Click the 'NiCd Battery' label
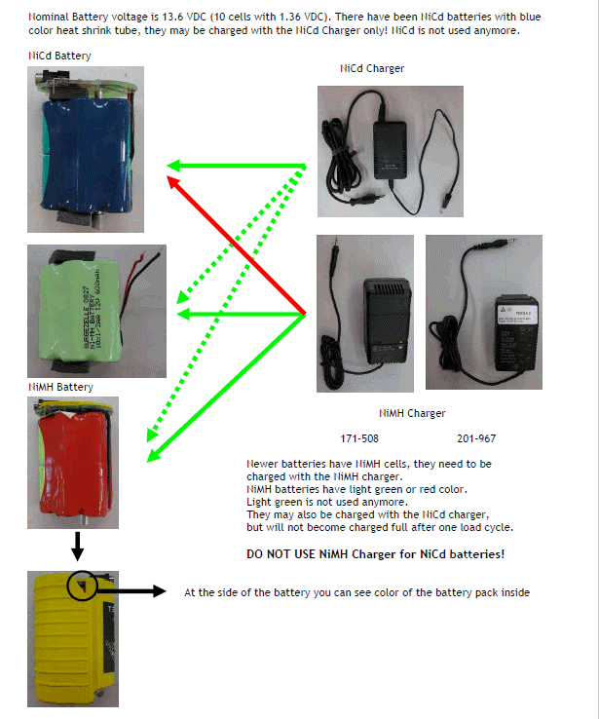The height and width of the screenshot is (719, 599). click(x=59, y=56)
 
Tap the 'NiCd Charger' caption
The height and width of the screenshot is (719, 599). click(x=372, y=68)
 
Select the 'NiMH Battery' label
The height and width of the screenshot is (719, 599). click(x=60, y=387)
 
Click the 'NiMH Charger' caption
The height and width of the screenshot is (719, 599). click(x=412, y=413)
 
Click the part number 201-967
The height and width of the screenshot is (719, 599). click(x=475, y=438)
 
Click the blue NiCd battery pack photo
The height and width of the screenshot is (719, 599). click(x=85, y=149)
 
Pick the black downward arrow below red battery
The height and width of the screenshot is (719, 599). click(x=76, y=548)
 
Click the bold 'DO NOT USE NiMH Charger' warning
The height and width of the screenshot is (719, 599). click(x=376, y=554)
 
